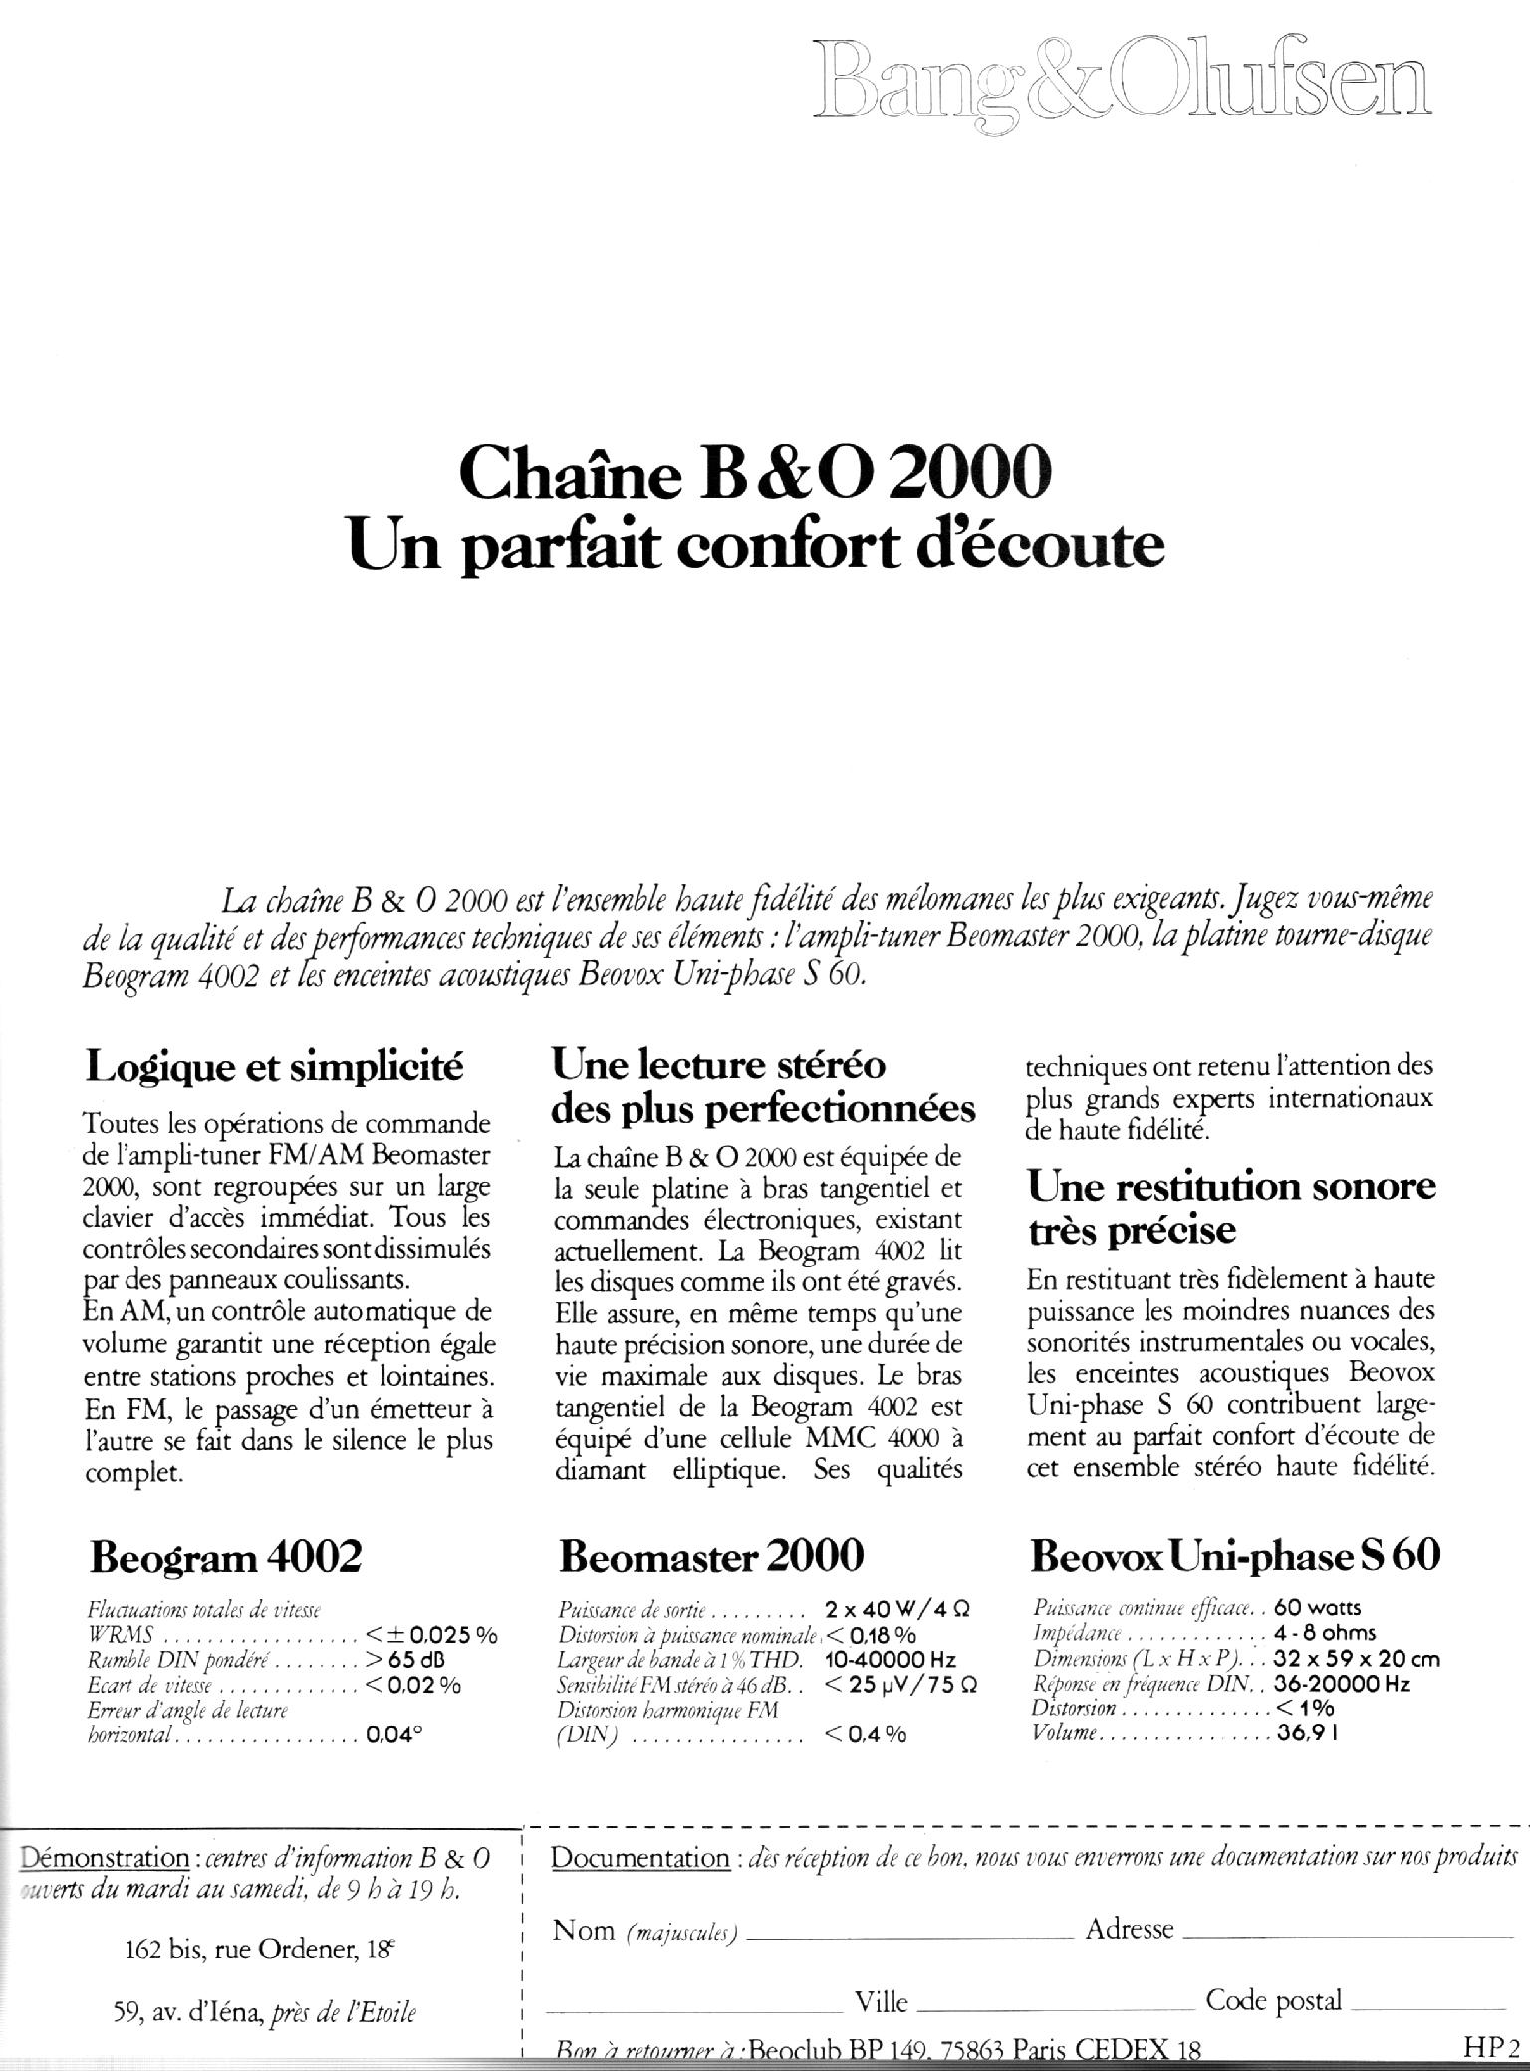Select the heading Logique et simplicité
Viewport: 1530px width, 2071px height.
point(275,1067)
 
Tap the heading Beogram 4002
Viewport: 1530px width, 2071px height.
point(225,1555)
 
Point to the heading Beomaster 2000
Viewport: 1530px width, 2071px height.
point(711,1554)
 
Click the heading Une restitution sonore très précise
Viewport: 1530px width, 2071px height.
point(1231,1207)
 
